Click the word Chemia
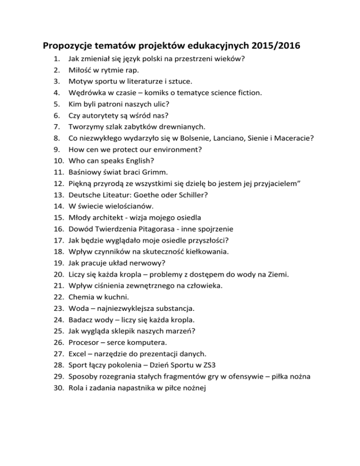(x=82, y=297)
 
